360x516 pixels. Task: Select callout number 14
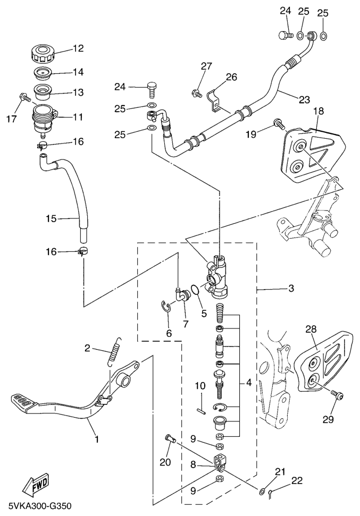click(78, 71)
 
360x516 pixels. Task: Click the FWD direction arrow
click(36, 484)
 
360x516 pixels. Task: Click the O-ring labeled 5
click(196, 291)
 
